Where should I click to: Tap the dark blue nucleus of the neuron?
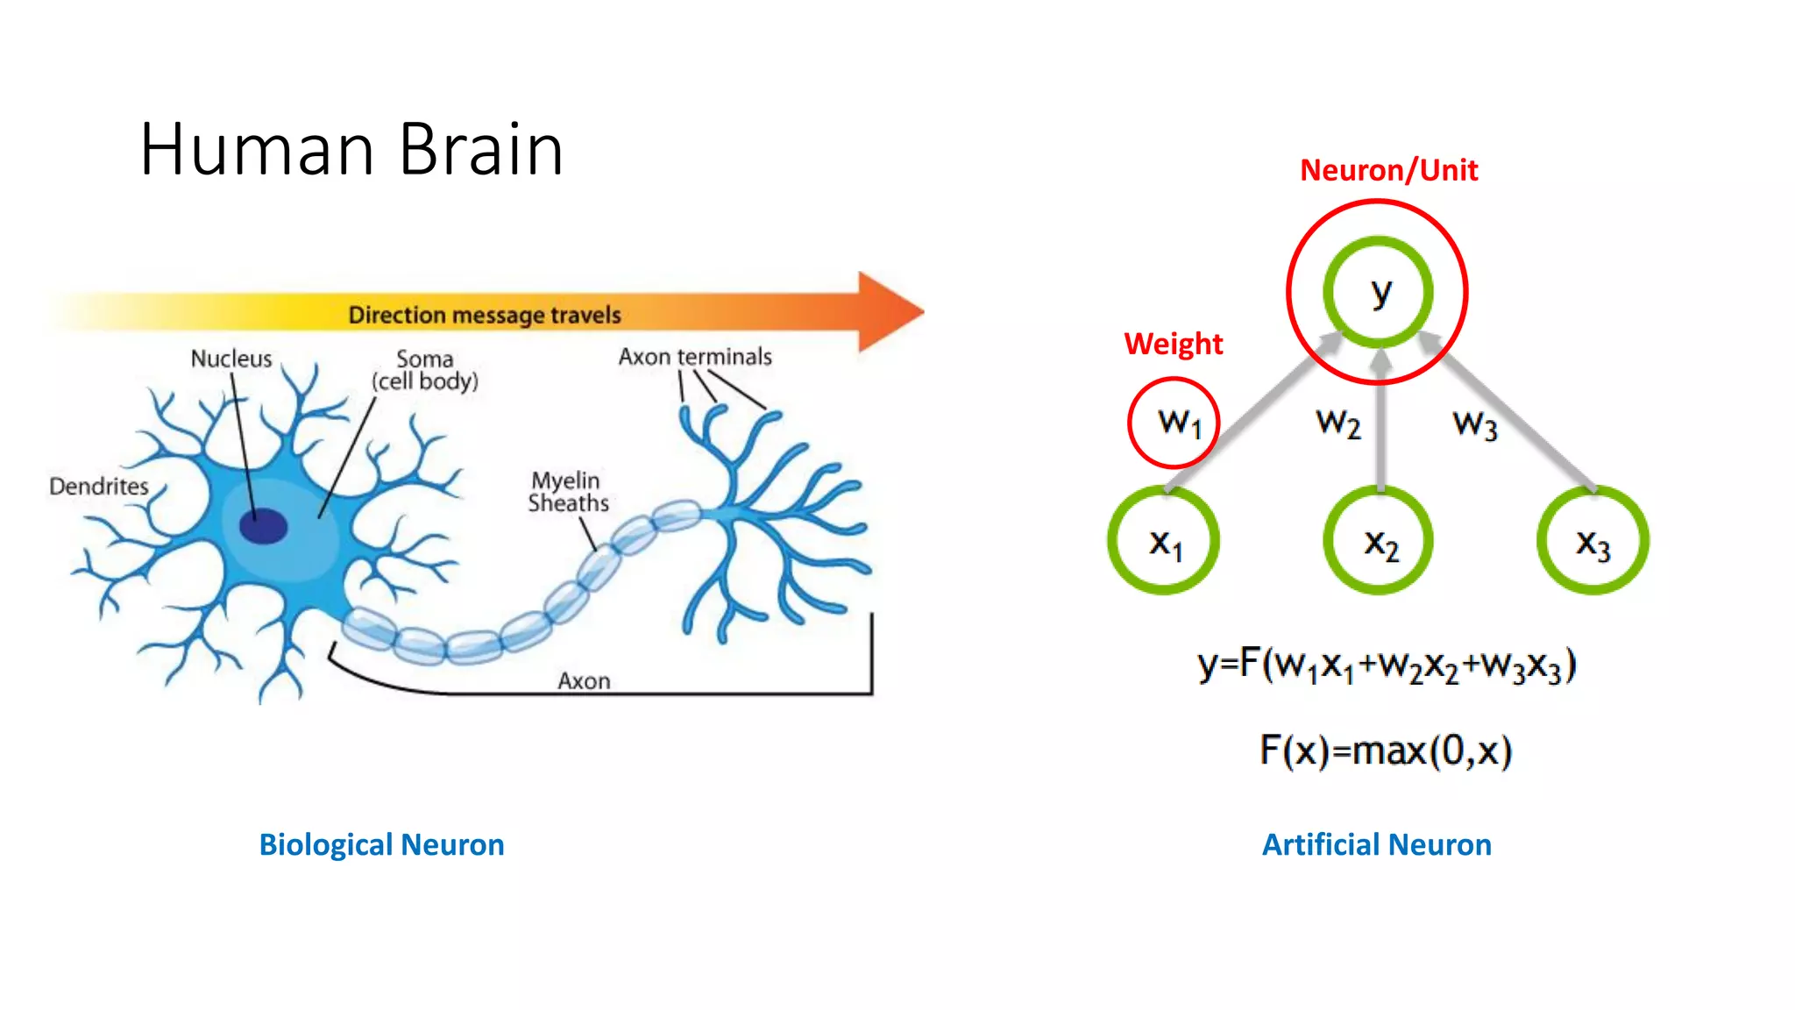(263, 526)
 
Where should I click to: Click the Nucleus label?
(231, 359)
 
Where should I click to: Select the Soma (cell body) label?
(425, 370)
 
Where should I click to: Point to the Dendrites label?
(99, 486)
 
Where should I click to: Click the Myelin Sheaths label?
(568, 492)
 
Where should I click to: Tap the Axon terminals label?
(695, 357)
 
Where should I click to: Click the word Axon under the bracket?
(584, 681)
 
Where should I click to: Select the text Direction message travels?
(485, 315)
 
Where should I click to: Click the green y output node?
(1379, 292)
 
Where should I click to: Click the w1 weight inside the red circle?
(1175, 423)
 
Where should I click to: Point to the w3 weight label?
(1475, 424)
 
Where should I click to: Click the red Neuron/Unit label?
(1388, 170)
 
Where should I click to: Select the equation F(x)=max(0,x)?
(1386, 750)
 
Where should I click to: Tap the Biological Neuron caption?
(381, 844)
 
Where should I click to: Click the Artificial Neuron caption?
(1376, 844)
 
